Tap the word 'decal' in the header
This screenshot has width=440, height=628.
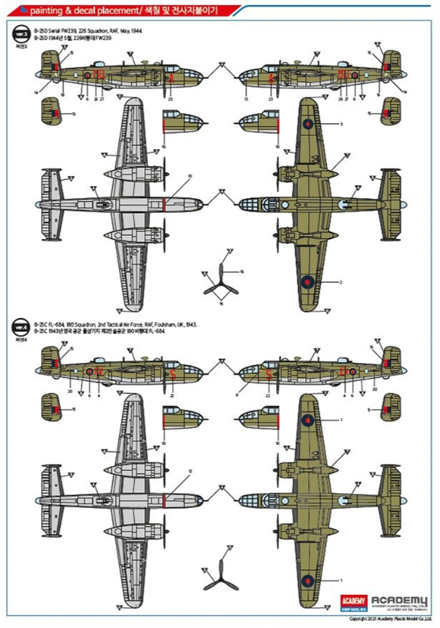(x=87, y=9)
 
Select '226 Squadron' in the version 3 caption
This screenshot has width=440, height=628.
(x=93, y=32)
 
